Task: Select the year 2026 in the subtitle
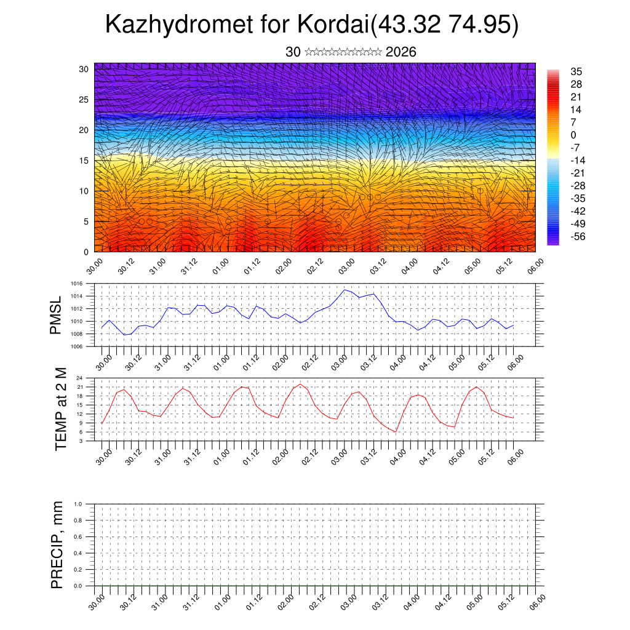(401, 52)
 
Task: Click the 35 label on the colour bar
(576, 72)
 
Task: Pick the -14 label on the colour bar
(578, 161)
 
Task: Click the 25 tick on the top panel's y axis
(84, 99)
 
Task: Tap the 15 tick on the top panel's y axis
(84, 161)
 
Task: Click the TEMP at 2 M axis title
(60, 409)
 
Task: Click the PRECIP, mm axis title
(57, 545)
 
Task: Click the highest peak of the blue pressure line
(345, 289)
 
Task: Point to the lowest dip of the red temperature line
(396, 432)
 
